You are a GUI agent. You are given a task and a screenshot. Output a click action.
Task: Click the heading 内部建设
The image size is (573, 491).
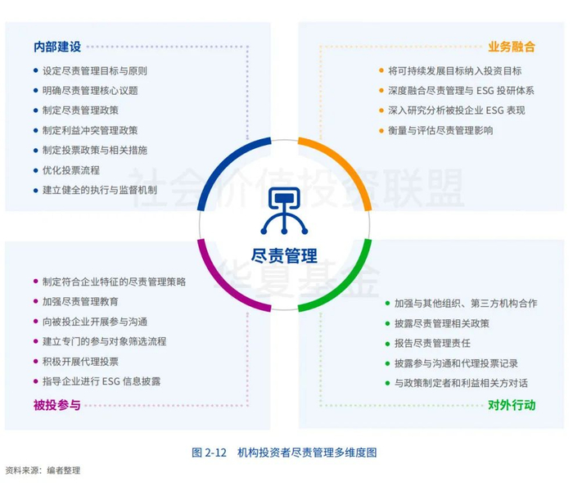pos(56,47)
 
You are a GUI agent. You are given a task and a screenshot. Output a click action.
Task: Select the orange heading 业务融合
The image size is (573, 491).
pos(512,47)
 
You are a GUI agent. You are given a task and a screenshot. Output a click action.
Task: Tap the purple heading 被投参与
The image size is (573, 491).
pos(56,404)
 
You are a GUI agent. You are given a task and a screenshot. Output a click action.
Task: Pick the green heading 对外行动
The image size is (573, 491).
pos(512,404)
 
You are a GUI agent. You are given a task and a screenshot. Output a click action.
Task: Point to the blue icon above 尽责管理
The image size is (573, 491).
pos(284,212)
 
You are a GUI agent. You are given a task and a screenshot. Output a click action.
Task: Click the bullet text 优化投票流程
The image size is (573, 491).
pos(71,170)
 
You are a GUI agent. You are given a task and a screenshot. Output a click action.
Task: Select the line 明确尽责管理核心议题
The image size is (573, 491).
pos(90,91)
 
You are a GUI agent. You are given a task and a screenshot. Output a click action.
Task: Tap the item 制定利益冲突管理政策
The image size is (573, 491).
pos(90,130)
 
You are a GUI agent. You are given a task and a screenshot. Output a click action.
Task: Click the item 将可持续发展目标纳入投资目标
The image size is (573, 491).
pos(455,71)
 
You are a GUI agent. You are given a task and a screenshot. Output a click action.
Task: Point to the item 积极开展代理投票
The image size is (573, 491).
pos(80,361)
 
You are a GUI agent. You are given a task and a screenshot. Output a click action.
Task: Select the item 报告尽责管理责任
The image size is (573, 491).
pos(432,343)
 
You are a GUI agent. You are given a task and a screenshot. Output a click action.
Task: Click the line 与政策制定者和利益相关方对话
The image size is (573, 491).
pos(461,383)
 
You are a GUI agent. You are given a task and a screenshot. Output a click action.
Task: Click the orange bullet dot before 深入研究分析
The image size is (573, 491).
pos(381,110)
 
